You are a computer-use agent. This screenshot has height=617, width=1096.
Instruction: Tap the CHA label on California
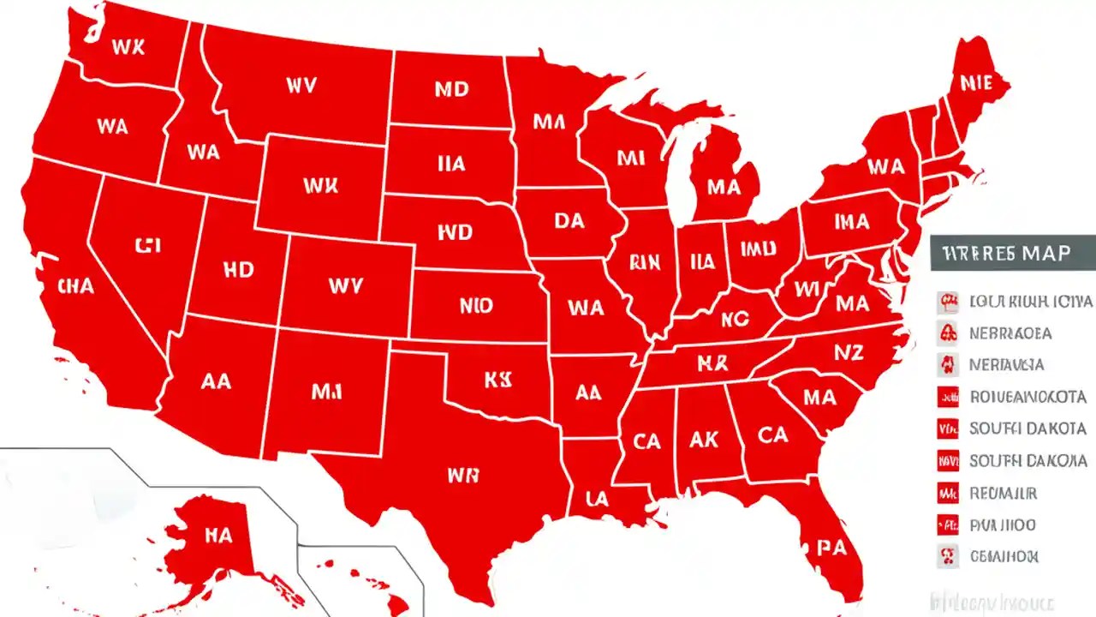point(74,286)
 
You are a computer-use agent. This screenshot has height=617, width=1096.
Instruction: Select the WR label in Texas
point(462,475)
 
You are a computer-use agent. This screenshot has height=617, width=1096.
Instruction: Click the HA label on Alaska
point(217,535)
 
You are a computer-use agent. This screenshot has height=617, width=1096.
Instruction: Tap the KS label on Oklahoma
point(497,380)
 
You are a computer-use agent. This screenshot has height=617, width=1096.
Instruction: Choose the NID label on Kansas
point(476,304)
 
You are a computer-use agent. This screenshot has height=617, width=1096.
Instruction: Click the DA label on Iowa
point(569,221)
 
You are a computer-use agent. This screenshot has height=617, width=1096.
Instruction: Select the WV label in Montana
point(301,85)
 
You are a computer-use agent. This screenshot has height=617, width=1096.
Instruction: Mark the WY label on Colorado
point(345,286)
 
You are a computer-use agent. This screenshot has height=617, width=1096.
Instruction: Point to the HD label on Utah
point(238,270)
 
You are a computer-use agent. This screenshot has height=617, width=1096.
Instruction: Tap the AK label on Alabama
point(703,439)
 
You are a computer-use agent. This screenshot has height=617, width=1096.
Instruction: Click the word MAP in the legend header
point(1040,254)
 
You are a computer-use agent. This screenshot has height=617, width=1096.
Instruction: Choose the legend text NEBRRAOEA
point(1010,332)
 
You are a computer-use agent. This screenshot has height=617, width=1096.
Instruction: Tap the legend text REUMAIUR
point(1003,494)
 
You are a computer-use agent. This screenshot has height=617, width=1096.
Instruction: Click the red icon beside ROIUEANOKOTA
point(947,397)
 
